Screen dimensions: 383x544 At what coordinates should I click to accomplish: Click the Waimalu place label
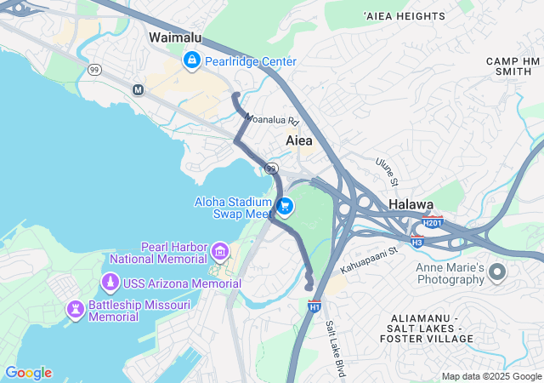click(x=175, y=37)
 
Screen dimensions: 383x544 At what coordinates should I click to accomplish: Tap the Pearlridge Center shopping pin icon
click(x=192, y=60)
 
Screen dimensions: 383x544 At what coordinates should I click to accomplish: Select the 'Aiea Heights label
click(x=404, y=16)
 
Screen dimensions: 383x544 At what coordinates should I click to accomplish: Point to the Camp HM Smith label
click(x=513, y=66)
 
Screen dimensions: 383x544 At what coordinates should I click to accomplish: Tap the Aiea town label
click(x=298, y=140)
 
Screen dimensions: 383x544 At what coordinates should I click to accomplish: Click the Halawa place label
click(x=411, y=205)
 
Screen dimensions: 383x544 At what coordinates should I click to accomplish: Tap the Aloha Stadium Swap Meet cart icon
click(x=285, y=206)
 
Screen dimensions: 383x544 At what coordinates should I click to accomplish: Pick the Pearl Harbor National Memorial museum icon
click(x=220, y=250)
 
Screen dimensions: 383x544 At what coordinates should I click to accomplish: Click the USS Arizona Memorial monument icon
click(x=110, y=283)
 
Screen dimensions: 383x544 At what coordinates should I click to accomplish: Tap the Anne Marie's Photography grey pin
click(x=497, y=272)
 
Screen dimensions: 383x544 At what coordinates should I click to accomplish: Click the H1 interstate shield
click(x=314, y=306)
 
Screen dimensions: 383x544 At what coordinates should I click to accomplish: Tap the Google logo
click(x=28, y=373)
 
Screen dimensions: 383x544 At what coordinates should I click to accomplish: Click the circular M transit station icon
click(x=139, y=89)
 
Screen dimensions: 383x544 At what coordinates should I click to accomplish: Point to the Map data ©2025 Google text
click(x=491, y=376)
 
